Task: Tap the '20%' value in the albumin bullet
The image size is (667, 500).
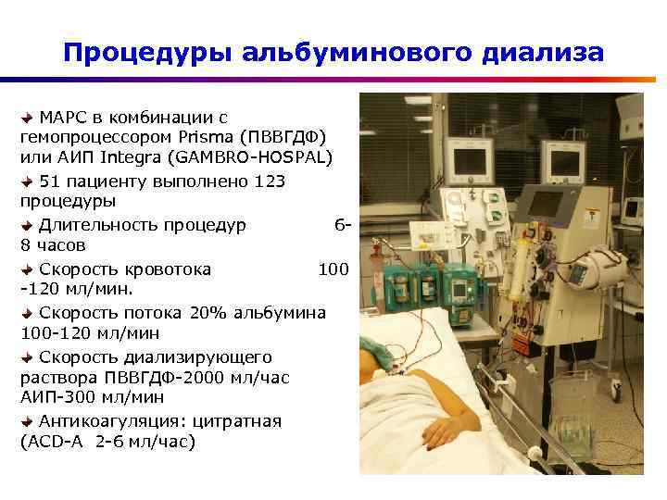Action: point(208,313)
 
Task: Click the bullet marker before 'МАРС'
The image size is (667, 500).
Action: point(27,117)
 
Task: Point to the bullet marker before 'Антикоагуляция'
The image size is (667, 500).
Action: point(27,421)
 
